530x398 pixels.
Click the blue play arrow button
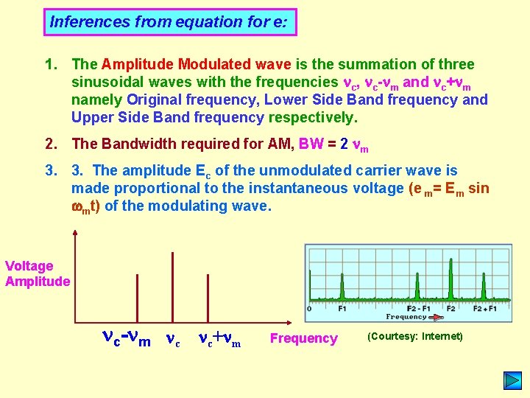(512, 380)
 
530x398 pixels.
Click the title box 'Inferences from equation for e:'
(170, 22)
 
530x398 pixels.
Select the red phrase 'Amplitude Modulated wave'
(197, 64)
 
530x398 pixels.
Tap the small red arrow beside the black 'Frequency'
(437, 317)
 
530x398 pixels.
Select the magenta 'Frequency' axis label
(303, 338)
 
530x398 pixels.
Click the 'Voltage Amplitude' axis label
(36, 273)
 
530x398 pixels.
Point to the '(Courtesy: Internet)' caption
(414, 337)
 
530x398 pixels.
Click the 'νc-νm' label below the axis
(126, 338)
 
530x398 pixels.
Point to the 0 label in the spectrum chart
(309, 308)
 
